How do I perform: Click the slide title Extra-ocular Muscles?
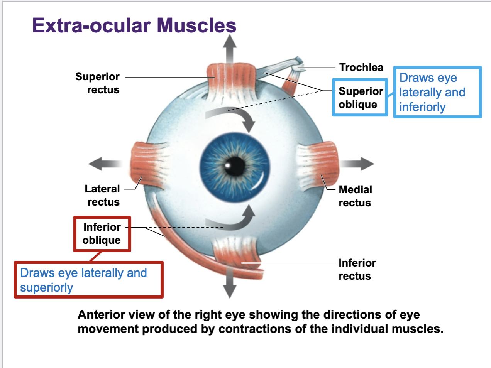[134, 25]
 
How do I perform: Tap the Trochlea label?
[361, 68]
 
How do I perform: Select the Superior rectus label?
[97, 83]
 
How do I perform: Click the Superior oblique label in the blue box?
[360, 98]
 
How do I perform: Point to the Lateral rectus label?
[102, 195]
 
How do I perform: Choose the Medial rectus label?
[355, 196]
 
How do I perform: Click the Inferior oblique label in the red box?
[102, 234]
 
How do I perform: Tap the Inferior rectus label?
[357, 269]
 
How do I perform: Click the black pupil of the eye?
[235, 167]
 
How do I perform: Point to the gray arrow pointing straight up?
[230, 48]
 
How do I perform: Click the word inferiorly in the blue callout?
[422, 107]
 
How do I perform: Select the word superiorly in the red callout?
[46, 288]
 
